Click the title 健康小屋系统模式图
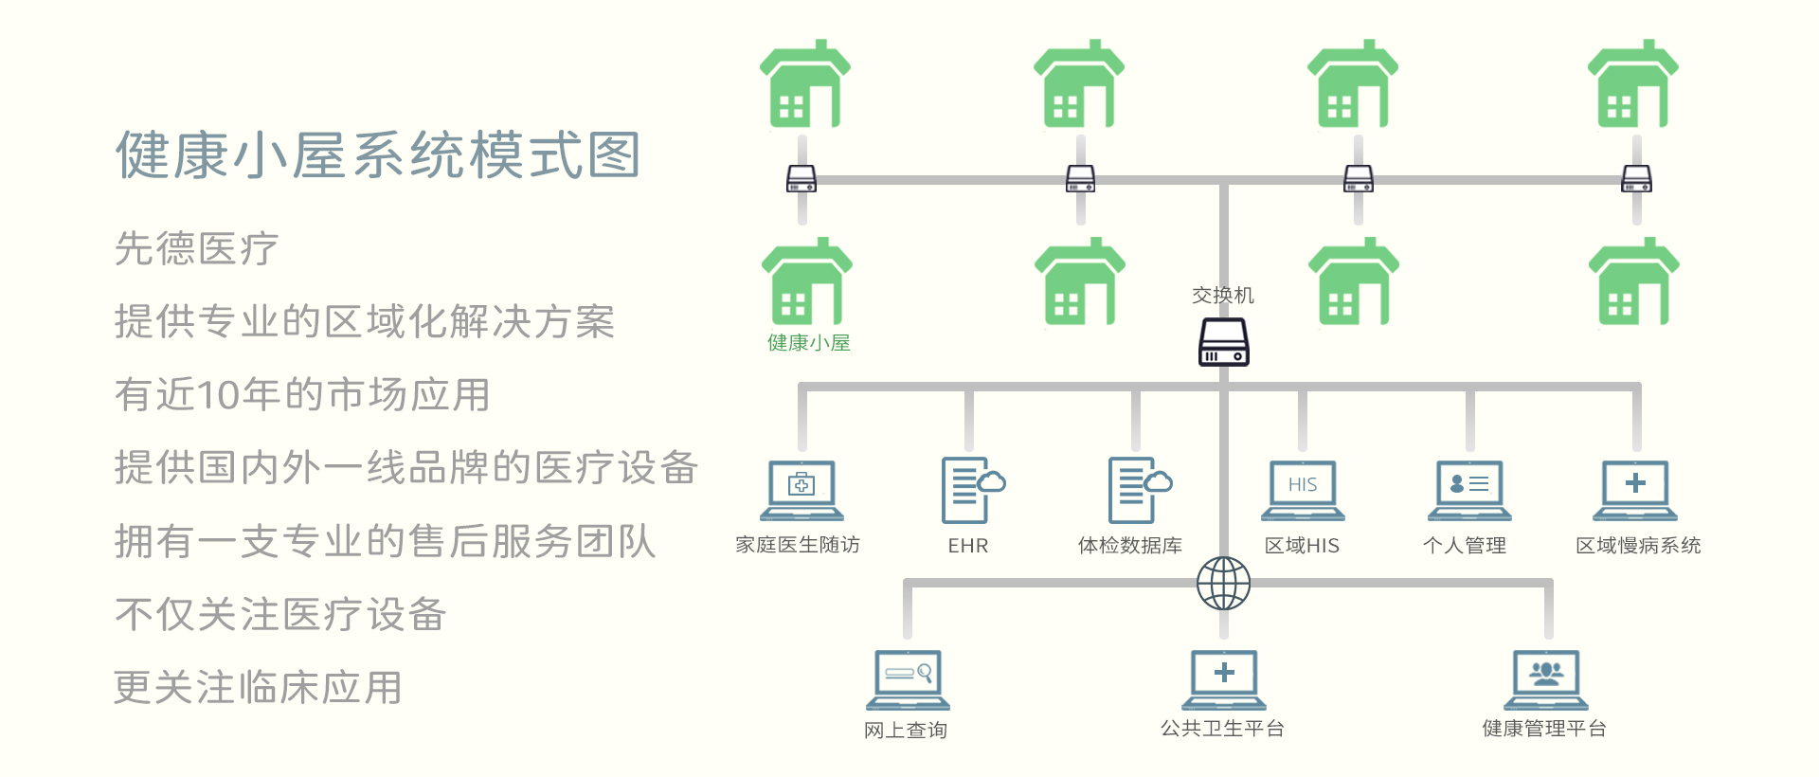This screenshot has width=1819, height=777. coord(378,155)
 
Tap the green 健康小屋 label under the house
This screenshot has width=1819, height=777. coord(808,343)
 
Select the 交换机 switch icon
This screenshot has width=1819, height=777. coord(1223,342)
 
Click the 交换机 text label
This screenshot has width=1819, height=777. coord(1223,296)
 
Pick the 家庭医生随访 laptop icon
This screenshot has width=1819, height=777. coord(801,490)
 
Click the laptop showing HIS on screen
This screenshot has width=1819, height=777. coord(1303,490)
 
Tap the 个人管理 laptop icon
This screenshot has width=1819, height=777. coord(1469,490)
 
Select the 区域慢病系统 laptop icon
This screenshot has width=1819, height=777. coord(1635,490)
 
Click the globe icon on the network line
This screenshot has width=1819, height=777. coord(1223,583)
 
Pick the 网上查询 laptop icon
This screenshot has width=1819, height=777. coord(908,679)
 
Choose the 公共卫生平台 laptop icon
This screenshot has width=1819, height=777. coord(1224,679)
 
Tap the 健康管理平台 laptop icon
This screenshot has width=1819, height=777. coord(1546,679)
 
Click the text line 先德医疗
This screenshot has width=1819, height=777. coord(196,249)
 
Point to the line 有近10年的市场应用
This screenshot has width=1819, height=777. coord(302,395)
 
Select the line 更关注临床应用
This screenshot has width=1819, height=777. coord(258,688)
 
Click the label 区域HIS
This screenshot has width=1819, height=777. coord(1302,546)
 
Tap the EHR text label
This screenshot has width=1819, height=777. coord(968,546)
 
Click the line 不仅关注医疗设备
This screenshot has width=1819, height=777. coord(280,615)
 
